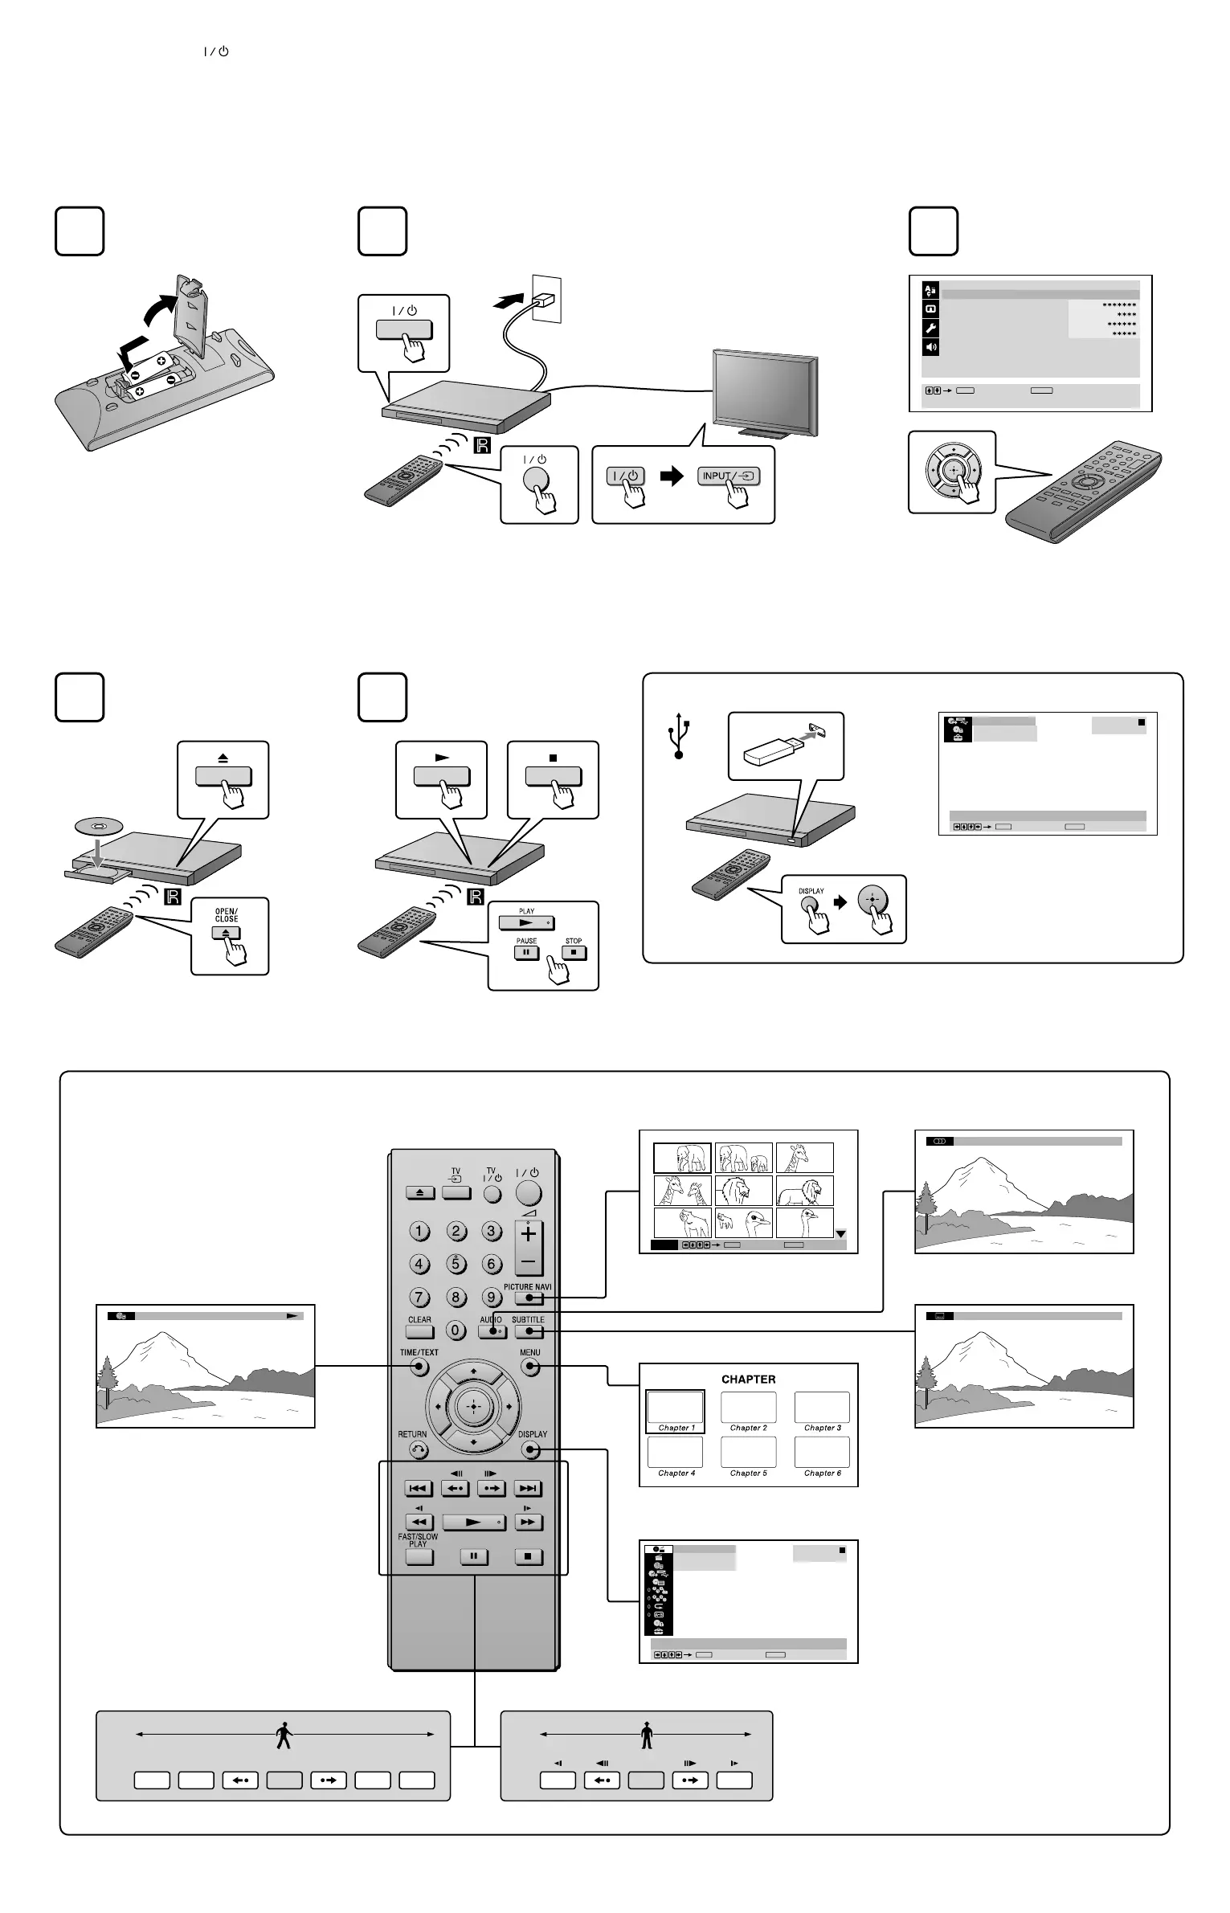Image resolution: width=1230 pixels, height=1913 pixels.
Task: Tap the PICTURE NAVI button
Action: point(528,1298)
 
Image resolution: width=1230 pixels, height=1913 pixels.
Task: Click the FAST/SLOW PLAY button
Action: point(419,1556)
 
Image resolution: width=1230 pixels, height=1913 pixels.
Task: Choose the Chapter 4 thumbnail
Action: point(675,1452)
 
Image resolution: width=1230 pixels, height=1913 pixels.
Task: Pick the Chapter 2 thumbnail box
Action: point(748,1407)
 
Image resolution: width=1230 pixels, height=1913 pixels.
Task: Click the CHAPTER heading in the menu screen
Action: point(748,1379)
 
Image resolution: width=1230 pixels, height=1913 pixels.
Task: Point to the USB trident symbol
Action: point(679,735)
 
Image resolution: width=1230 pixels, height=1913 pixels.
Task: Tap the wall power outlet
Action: point(546,299)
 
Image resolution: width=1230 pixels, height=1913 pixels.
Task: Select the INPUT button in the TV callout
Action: point(728,476)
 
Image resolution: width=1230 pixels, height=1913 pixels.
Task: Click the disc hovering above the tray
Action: point(97,826)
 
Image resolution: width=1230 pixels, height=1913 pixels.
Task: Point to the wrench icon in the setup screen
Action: point(930,328)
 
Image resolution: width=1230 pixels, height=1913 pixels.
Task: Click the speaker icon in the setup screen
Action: point(930,347)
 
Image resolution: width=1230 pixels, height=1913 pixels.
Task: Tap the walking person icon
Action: point(284,1736)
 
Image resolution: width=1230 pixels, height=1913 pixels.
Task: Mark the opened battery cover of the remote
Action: point(192,314)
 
